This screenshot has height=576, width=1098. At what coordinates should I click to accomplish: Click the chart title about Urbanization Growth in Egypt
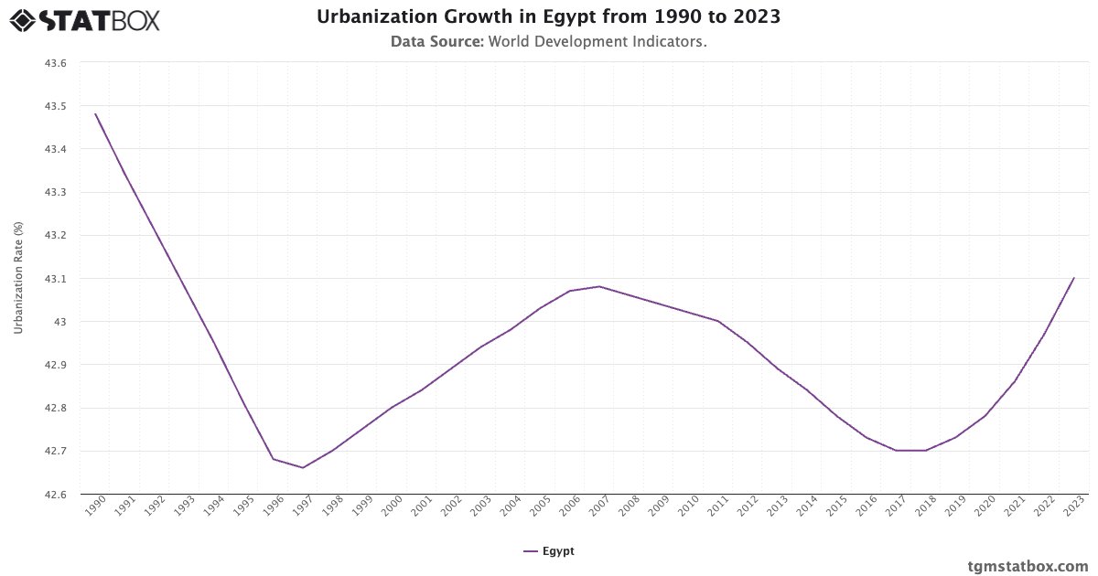(x=549, y=16)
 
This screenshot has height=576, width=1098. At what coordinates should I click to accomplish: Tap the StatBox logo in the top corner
(x=85, y=19)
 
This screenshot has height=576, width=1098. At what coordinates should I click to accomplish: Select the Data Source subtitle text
(x=549, y=41)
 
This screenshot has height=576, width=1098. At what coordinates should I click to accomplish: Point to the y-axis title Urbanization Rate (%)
(x=18, y=278)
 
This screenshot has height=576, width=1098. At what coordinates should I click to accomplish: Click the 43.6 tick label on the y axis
(x=56, y=63)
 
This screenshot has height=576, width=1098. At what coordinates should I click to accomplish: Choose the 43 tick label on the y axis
(x=61, y=322)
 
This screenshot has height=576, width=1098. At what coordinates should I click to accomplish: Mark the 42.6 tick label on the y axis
(x=56, y=495)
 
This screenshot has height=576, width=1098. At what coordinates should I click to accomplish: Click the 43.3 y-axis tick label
(x=56, y=192)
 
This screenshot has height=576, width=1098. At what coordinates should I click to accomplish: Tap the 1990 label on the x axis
(x=95, y=507)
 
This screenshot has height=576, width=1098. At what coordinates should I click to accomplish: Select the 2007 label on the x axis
(x=599, y=507)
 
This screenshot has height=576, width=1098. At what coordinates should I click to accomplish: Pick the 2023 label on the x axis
(x=1073, y=507)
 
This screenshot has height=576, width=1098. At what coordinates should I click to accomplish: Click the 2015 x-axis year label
(x=836, y=507)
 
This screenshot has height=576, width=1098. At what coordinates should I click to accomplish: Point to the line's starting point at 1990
(x=95, y=114)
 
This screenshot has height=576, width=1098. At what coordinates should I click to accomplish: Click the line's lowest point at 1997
(x=303, y=468)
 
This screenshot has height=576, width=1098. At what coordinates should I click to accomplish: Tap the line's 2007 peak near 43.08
(x=599, y=286)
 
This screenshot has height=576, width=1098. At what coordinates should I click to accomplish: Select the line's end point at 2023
(x=1073, y=278)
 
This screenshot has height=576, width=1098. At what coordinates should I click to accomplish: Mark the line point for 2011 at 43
(x=718, y=321)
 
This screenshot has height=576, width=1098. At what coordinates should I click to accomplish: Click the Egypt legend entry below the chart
(x=549, y=551)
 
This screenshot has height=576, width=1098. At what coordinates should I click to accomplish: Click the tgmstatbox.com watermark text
(x=1028, y=566)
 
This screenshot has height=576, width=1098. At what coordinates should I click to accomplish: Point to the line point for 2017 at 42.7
(x=896, y=451)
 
